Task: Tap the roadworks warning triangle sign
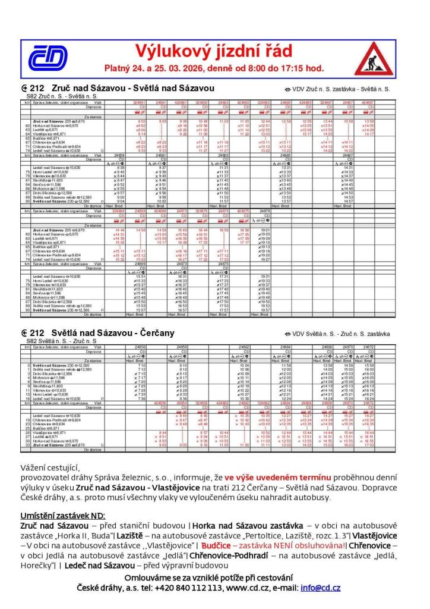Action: click(374, 58)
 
